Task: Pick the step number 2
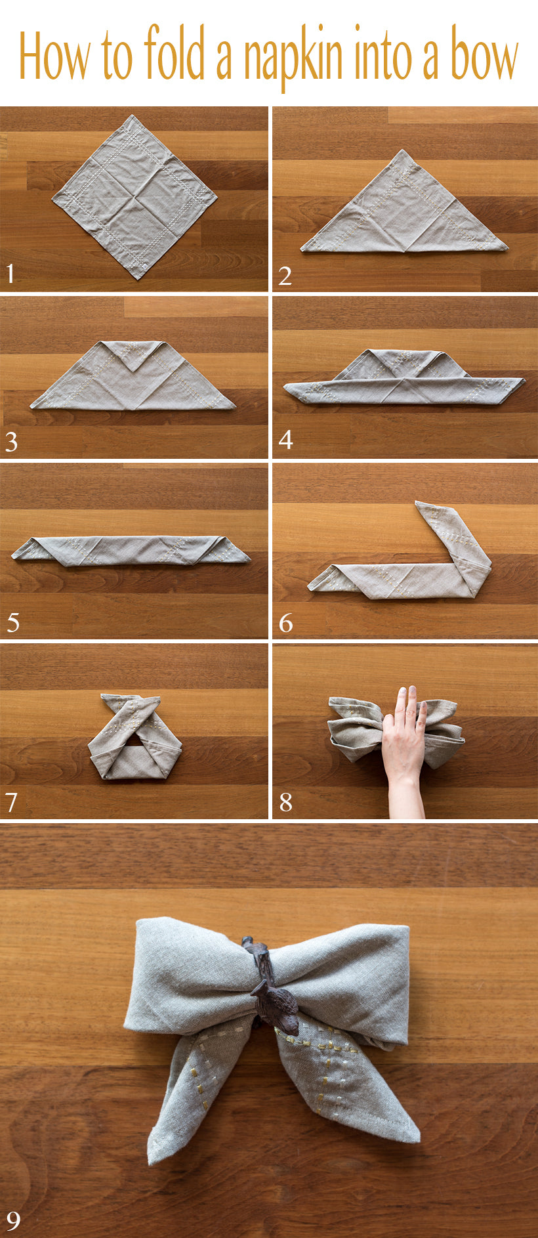tap(285, 275)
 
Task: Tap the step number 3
tap(11, 442)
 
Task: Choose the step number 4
tap(285, 439)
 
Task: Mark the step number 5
tap(12, 622)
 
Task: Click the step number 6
tap(285, 622)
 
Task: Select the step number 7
tap(11, 801)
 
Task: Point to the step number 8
tap(285, 801)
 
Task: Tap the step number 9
tap(13, 1220)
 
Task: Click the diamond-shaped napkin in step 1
tap(134, 196)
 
